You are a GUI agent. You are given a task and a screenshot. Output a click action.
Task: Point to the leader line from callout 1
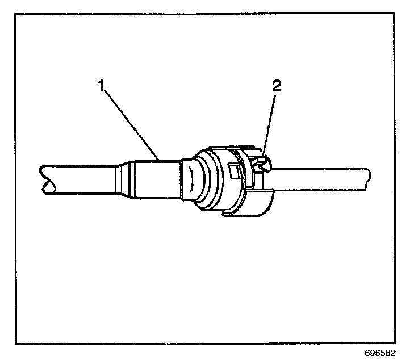point(131,122)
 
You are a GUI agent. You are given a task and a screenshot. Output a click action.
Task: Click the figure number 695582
point(391,353)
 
